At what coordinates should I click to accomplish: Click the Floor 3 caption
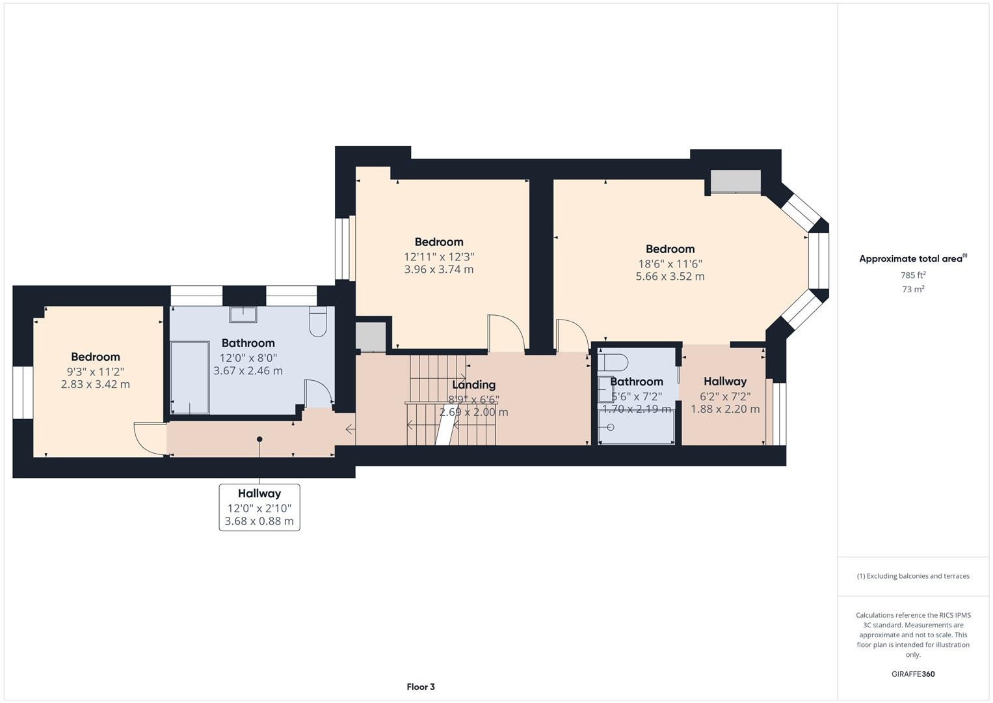point(421,687)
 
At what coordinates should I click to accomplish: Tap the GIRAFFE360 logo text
point(913,674)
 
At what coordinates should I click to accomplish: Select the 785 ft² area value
point(913,275)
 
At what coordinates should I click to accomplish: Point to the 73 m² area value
point(913,289)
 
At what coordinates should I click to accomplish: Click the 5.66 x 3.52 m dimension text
point(670,276)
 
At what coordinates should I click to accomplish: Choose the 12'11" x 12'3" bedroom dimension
point(439,256)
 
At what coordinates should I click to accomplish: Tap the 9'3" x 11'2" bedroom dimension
point(96,372)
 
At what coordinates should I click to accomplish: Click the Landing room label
point(473,384)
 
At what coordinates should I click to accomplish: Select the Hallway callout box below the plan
point(259,507)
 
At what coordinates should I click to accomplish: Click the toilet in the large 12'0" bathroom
point(318,322)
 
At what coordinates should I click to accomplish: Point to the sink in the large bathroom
point(243,314)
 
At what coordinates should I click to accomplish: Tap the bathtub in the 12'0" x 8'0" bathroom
point(190,378)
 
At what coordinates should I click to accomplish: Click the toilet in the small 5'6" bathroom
point(613,362)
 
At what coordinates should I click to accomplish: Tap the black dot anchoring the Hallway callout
point(259,439)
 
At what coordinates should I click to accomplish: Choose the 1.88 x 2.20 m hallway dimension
point(725,409)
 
